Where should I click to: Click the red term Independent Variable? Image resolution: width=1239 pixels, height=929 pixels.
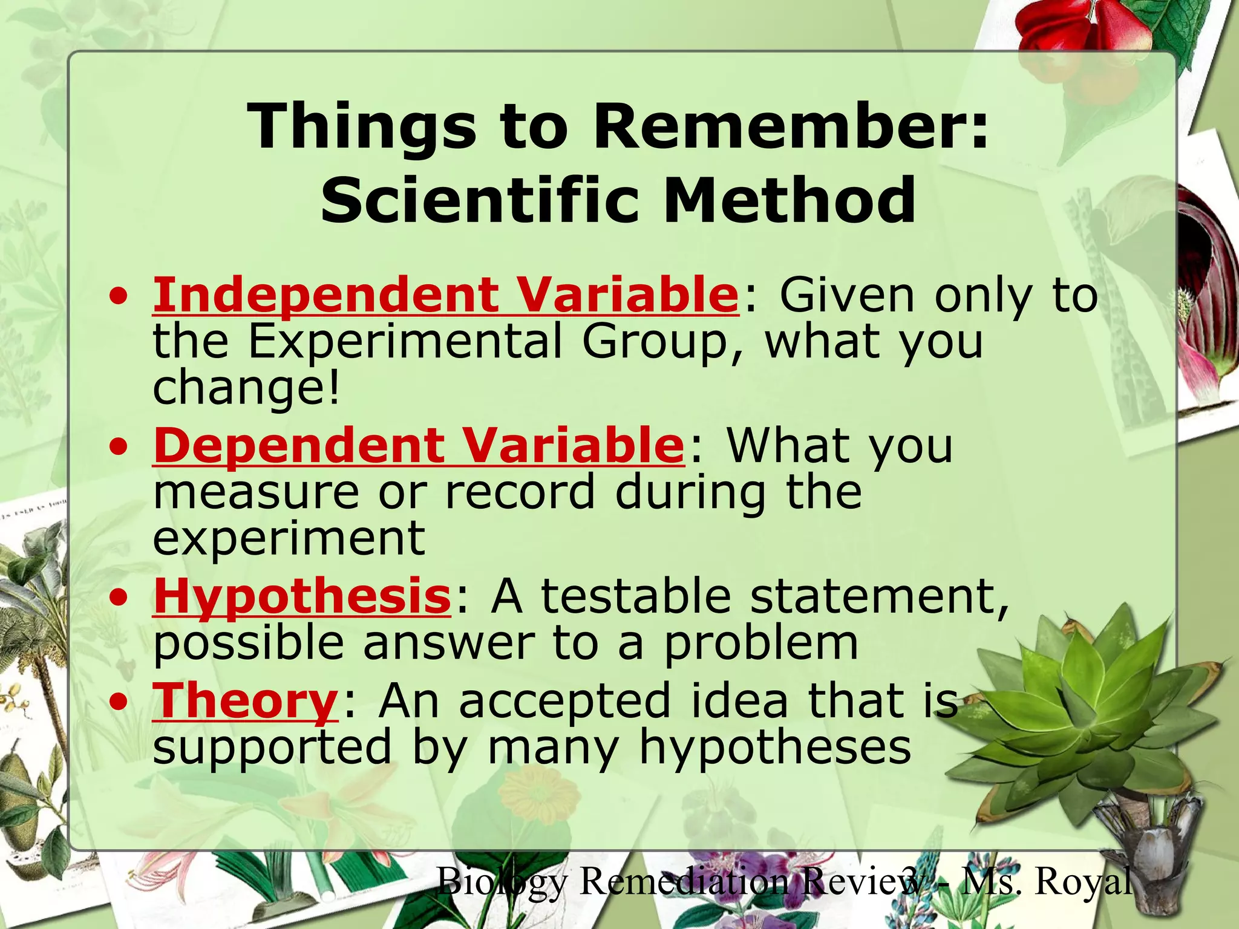[x=445, y=295]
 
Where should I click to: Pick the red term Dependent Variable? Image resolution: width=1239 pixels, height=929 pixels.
[x=419, y=446]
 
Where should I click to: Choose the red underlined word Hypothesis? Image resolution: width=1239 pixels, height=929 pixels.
[x=302, y=596]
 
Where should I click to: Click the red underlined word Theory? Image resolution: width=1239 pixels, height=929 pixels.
[x=245, y=700]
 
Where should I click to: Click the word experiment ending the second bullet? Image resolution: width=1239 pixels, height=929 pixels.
[x=289, y=538]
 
